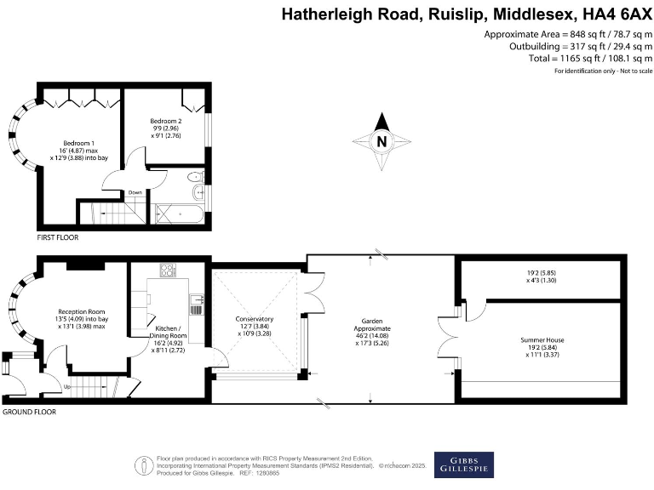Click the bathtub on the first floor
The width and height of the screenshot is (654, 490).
tap(180, 214)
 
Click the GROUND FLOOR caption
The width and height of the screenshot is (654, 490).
tap(30, 411)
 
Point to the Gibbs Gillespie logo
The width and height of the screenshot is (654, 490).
tap(464, 464)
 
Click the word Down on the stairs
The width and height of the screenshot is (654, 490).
tap(135, 193)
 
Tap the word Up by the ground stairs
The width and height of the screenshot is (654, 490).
tap(68, 387)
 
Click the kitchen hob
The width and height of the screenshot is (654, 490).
tap(167, 271)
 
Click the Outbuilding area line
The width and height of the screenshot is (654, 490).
tap(567, 46)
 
